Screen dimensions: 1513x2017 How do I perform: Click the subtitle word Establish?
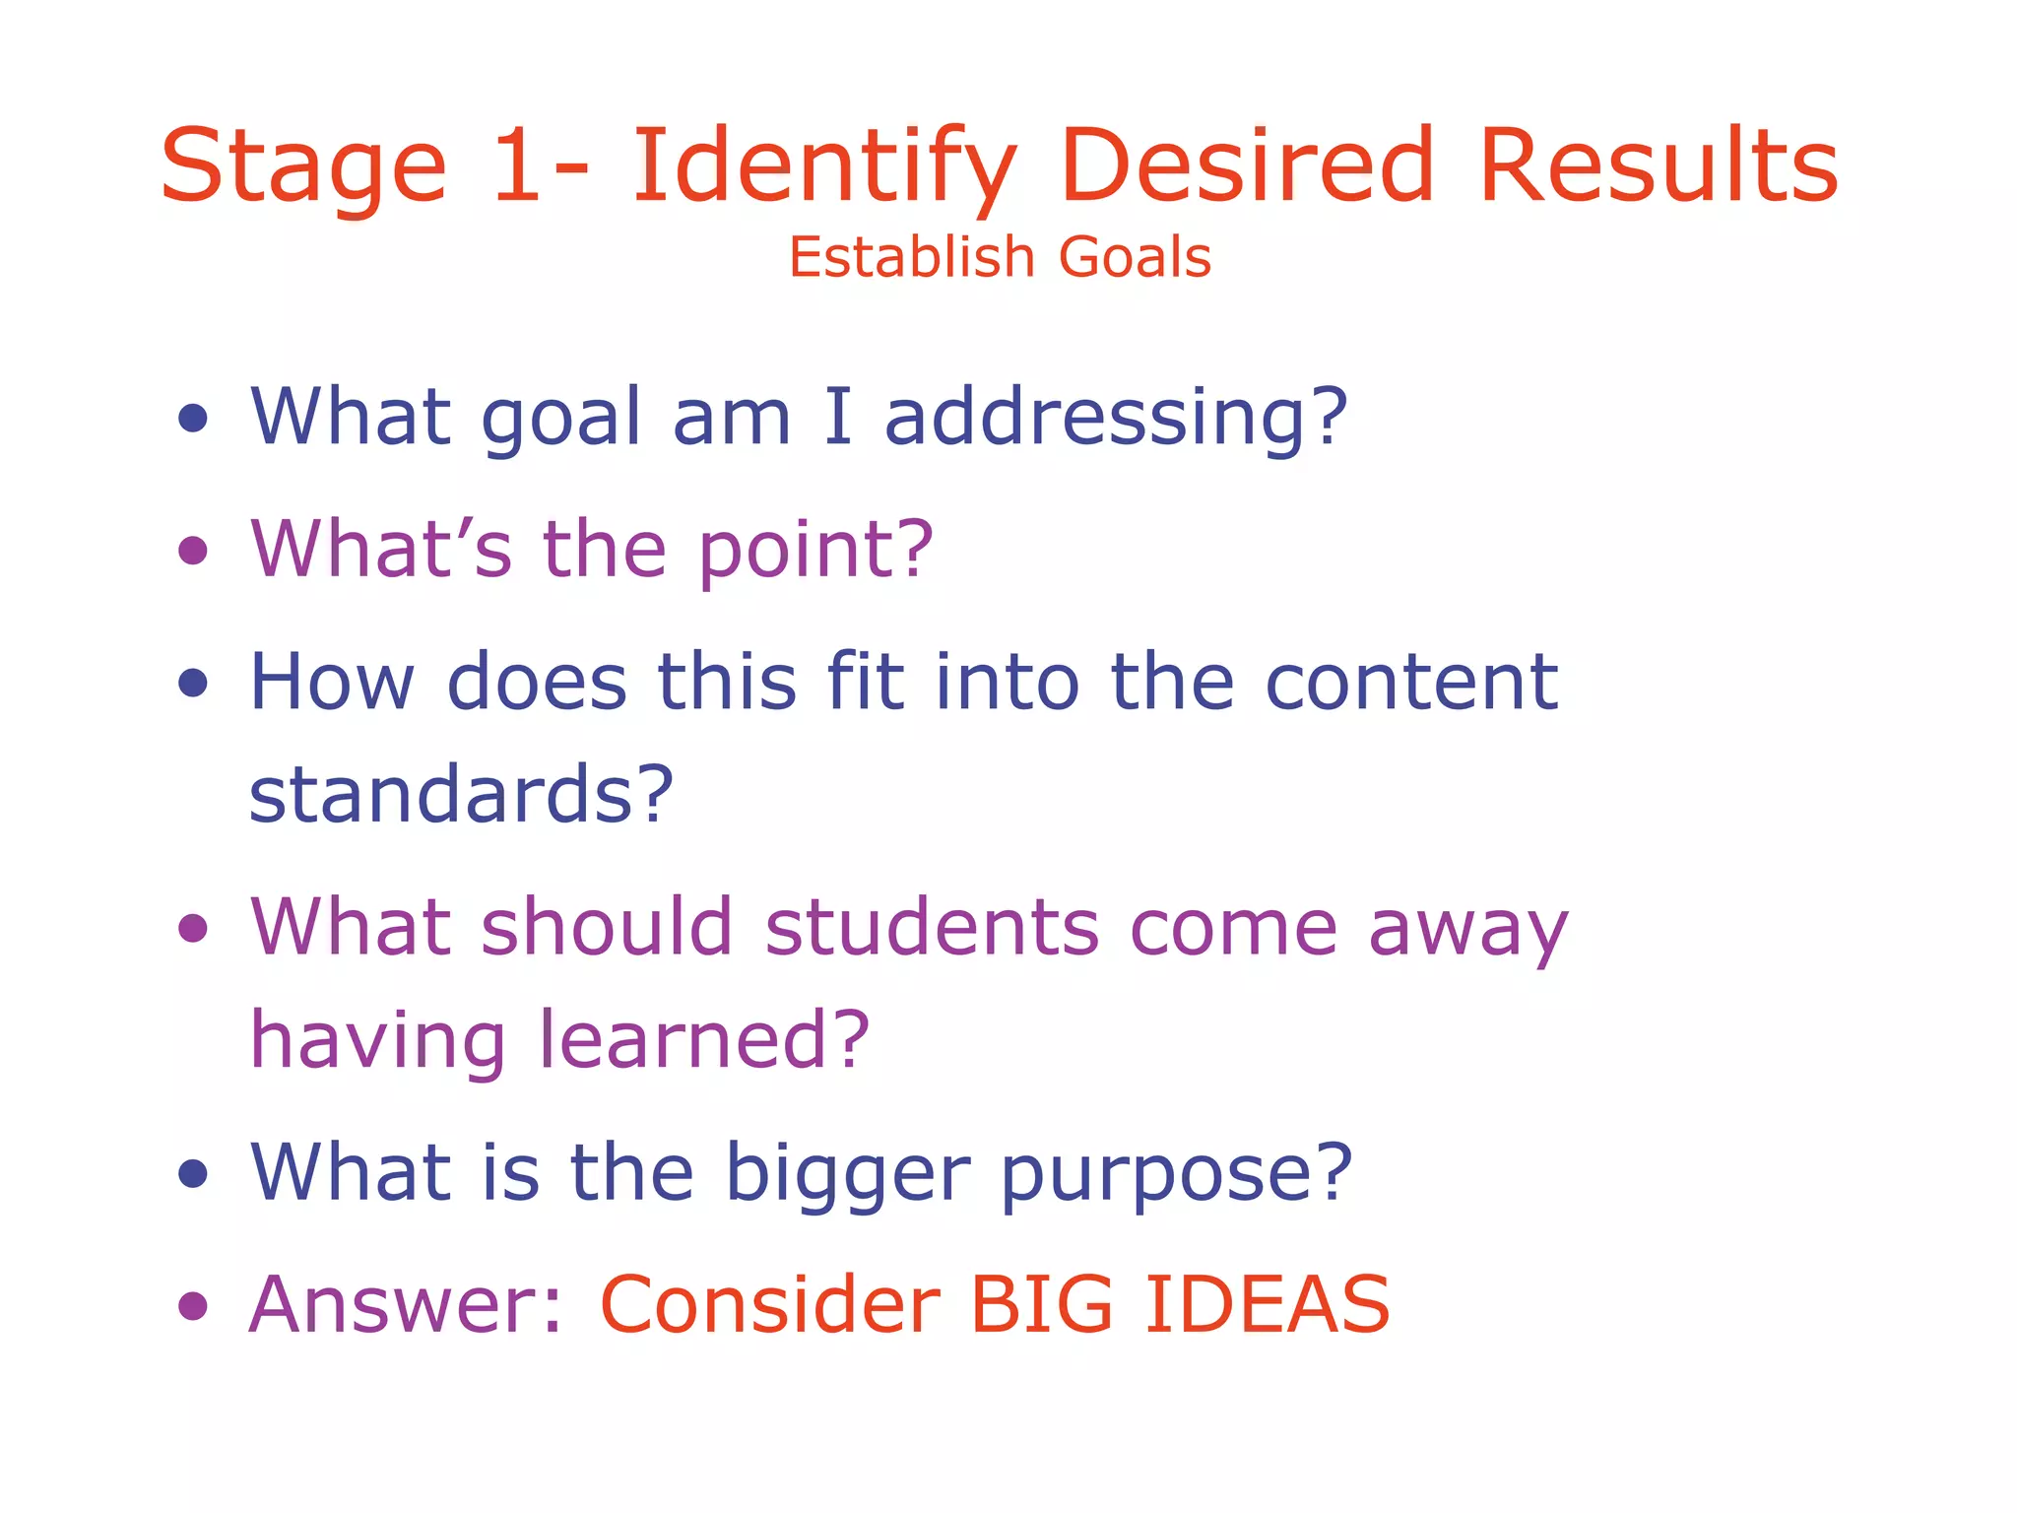[x=911, y=258]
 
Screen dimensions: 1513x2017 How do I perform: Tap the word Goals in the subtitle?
[x=1135, y=258]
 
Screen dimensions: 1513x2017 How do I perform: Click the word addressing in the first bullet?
[x=1115, y=418]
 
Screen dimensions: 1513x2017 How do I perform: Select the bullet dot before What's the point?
[x=193, y=550]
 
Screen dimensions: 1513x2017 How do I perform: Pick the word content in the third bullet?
[x=1410, y=682]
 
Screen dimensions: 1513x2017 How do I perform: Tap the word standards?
[x=461, y=794]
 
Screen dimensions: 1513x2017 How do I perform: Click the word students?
[x=932, y=928]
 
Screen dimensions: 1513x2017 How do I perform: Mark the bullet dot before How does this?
[x=193, y=683]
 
